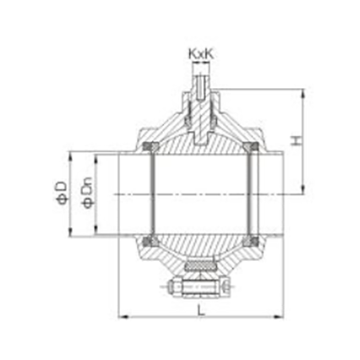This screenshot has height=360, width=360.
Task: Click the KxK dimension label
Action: pyautogui.click(x=201, y=54)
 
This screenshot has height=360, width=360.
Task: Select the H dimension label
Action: pyautogui.click(x=297, y=141)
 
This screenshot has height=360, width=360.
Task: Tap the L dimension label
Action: pyautogui.click(x=202, y=310)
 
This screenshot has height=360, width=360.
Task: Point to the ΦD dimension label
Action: pyautogui.click(x=61, y=193)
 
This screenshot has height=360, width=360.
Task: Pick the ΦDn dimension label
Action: pyautogui.click(x=88, y=193)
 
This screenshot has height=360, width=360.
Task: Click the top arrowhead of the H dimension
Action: pyautogui.click(x=303, y=93)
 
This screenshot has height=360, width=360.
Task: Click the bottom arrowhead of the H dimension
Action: pyautogui.click(x=303, y=190)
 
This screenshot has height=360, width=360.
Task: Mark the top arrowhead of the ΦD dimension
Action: pyautogui.click(x=70, y=156)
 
